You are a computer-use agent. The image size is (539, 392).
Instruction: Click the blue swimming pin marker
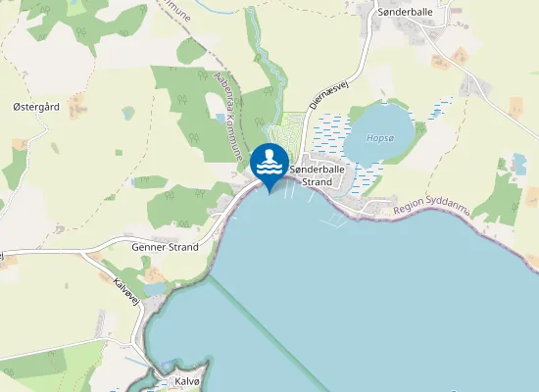[x=269, y=163]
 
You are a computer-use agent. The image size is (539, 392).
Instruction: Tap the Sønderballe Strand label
[x=318, y=175]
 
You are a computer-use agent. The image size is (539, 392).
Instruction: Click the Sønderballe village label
[x=405, y=12]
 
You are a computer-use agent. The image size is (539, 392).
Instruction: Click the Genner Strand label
[x=165, y=247]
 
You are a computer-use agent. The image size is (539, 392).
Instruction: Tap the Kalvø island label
[x=187, y=380]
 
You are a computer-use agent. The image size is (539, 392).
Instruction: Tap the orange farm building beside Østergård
[x=19, y=144]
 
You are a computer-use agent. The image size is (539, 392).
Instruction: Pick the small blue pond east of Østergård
[x=127, y=113]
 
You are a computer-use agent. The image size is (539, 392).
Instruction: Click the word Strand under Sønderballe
[x=318, y=182]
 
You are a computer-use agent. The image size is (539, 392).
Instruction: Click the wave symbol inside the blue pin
[x=269, y=168]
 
